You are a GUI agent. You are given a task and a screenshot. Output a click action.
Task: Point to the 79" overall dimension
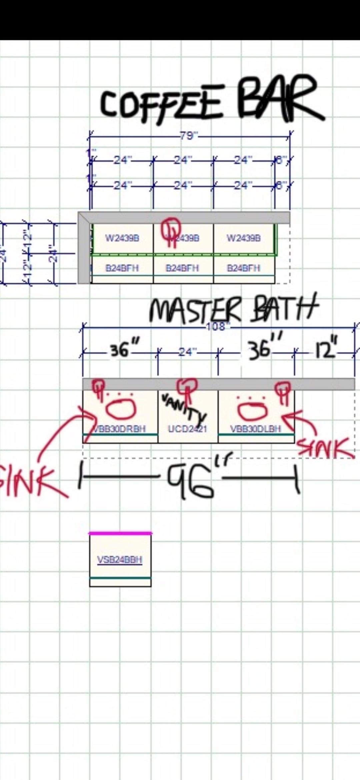[x=189, y=136]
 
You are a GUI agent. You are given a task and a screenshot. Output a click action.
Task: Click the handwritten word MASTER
[x=195, y=311]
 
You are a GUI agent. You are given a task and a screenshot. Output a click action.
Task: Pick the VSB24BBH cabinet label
[x=120, y=560]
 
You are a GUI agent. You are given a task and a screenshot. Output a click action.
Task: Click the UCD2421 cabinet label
[x=188, y=429]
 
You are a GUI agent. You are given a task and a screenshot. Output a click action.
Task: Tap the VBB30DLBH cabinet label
[x=256, y=429]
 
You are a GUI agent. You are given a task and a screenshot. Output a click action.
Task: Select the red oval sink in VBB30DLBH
[x=253, y=410]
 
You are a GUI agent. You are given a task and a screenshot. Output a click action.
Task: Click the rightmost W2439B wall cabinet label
[x=244, y=238]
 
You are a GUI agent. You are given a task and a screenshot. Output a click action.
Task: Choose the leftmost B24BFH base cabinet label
[x=122, y=268]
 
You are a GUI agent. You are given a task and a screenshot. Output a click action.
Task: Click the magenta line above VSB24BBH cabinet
[x=120, y=533]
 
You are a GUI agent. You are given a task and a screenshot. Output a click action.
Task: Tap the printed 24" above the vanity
[x=187, y=352]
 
